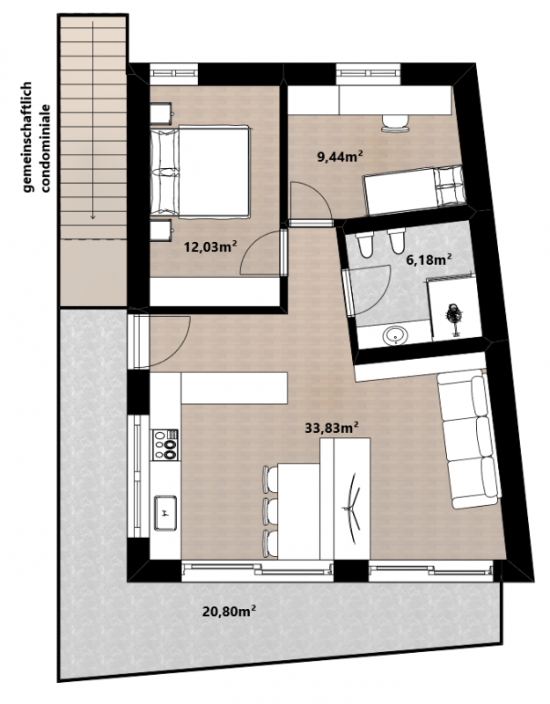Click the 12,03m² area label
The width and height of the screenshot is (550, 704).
coord(211,246)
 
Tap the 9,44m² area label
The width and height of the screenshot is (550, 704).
coord(341,157)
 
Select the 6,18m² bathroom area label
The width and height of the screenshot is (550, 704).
coord(429,259)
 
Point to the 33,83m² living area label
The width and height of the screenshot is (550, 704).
coord(332,428)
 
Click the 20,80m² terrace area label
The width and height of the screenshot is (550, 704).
coord(230,611)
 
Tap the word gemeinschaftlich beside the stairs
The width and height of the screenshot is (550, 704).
coord(28,137)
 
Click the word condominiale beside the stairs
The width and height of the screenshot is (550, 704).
coord(45,148)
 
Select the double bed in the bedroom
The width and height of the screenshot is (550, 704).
coord(201,172)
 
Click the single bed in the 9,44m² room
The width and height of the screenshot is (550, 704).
coord(414,189)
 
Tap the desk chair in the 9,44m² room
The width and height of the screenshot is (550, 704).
coord(395,123)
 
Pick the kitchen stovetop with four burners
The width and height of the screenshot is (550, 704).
coord(165,444)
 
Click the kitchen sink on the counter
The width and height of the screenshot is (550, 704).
coord(165,512)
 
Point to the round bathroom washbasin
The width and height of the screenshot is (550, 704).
coord(395,334)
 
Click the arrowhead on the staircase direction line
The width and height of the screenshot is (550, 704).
coord(93,216)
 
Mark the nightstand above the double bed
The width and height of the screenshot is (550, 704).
coord(161,114)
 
